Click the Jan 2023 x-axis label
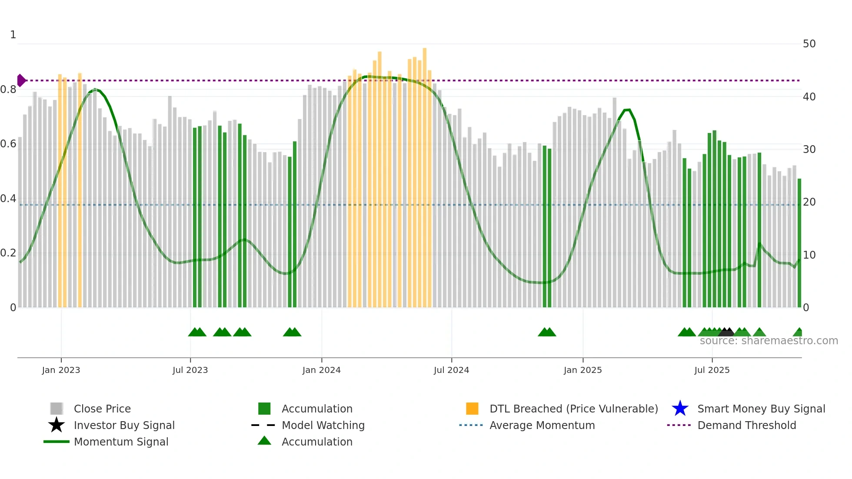(x=61, y=370)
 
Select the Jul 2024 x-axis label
(x=451, y=370)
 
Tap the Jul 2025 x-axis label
(x=712, y=370)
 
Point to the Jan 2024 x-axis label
(x=321, y=370)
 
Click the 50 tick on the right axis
(x=809, y=44)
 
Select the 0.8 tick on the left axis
(x=8, y=90)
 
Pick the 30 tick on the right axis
(x=809, y=150)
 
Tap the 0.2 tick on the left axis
(x=8, y=253)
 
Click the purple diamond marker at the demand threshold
(x=21, y=80)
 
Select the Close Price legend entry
(x=102, y=409)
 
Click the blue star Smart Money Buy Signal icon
(x=680, y=409)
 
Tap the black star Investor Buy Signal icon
(x=57, y=425)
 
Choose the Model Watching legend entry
(x=323, y=425)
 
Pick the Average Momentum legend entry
(x=542, y=425)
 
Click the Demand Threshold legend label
(x=746, y=425)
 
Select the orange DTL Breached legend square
(x=472, y=409)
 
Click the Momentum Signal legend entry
(x=121, y=442)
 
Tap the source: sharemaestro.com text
(x=769, y=341)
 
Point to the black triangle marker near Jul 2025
(x=726, y=332)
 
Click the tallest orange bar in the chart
(x=425, y=174)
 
